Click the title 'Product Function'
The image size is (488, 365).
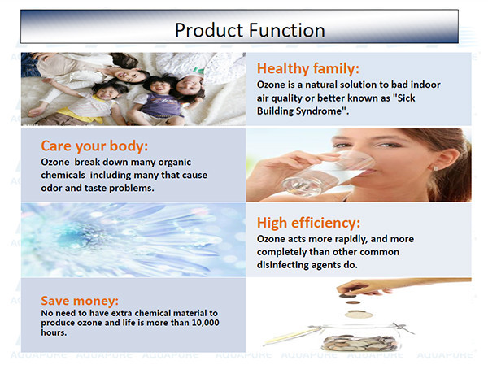[250, 30]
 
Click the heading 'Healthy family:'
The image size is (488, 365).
[308, 68]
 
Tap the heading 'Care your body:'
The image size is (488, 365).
[94, 146]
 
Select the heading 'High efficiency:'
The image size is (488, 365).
[308, 223]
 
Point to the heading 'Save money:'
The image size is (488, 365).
[80, 301]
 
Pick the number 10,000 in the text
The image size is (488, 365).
[206, 323]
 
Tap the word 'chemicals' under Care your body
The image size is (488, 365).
[63, 175]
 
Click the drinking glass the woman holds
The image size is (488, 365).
[329, 174]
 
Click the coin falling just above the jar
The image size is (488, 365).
[359, 315]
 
